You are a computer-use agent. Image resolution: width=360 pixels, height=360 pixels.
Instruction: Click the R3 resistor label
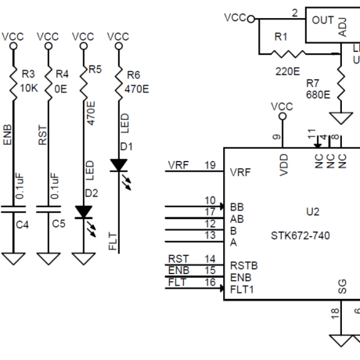point(28,74)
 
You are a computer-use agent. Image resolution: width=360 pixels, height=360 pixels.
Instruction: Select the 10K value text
point(29,88)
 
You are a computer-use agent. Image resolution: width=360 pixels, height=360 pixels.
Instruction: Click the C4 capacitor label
point(22,225)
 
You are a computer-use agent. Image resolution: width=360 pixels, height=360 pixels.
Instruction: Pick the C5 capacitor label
point(59,224)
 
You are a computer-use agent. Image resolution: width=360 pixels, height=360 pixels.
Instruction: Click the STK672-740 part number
point(301,236)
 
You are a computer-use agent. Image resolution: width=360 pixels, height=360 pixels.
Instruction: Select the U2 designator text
point(312,211)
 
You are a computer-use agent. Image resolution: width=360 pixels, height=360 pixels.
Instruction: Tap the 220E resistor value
point(287,71)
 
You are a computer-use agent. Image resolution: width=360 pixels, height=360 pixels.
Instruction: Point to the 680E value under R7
point(318,95)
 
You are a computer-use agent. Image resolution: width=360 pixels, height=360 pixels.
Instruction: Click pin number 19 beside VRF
point(210,165)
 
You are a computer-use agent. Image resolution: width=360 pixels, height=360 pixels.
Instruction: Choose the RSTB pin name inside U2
point(244,266)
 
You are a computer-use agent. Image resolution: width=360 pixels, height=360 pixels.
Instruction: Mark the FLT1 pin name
point(242,290)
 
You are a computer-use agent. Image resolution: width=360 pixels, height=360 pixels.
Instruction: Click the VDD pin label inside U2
point(283,165)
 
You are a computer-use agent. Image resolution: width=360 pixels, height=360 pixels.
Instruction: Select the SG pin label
point(342,286)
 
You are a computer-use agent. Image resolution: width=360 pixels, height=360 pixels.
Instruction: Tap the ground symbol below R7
point(341,118)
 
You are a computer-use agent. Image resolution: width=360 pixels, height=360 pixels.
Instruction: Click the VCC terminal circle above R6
point(119,46)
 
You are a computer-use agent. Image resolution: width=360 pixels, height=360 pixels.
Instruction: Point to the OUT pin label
point(322,20)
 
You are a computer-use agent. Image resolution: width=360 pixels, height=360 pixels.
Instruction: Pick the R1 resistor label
point(281,37)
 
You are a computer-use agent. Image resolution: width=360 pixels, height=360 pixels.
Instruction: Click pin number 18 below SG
point(335,313)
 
